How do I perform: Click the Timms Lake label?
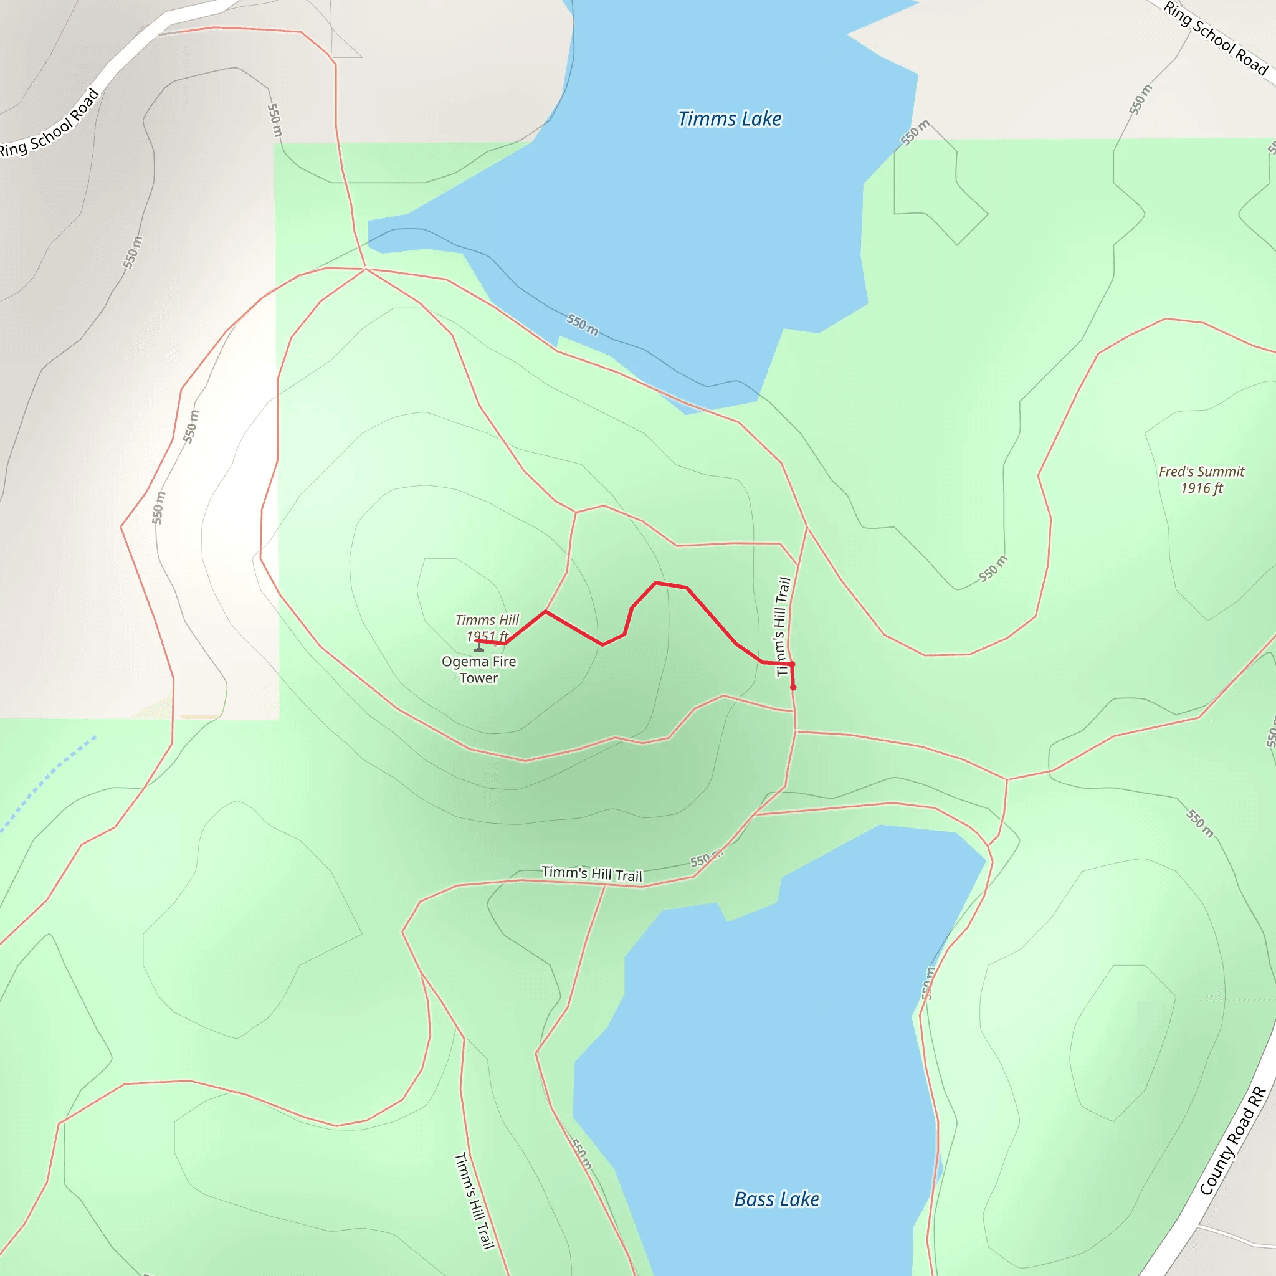(x=729, y=119)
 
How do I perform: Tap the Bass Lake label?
(x=777, y=1199)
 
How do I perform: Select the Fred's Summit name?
(x=1201, y=472)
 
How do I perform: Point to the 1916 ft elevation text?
(x=1201, y=488)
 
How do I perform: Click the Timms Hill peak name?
(x=487, y=619)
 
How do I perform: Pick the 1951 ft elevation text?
(x=487, y=636)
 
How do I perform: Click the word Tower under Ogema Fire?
(x=479, y=678)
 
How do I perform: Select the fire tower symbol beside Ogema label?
(x=479, y=648)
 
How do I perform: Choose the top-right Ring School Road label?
(x=1214, y=37)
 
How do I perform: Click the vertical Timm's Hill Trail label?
(x=783, y=626)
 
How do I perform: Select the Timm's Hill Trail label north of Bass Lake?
(x=592, y=873)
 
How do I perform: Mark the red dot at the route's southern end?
(x=793, y=688)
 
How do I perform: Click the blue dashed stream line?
(x=46, y=783)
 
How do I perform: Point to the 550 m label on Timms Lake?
(x=583, y=324)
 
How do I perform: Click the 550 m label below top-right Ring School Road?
(x=1141, y=100)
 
